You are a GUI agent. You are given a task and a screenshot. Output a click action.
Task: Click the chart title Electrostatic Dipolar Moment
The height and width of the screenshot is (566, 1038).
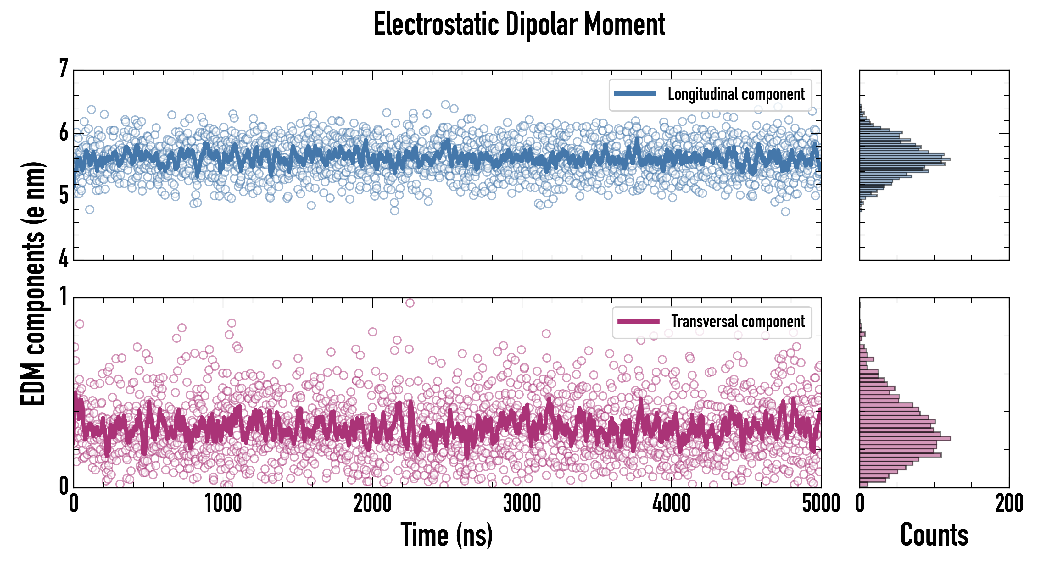tap(519, 24)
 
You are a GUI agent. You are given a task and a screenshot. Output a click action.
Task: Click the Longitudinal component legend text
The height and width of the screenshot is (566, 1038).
tap(736, 94)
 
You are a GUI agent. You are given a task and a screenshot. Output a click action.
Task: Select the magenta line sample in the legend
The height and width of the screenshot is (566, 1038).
tap(638, 321)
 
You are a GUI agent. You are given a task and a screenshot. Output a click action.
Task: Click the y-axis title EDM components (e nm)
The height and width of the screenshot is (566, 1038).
tap(33, 284)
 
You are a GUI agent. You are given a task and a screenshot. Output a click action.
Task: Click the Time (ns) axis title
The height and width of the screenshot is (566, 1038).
tap(446, 535)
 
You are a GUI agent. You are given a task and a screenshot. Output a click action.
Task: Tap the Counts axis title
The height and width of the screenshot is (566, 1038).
tap(934, 535)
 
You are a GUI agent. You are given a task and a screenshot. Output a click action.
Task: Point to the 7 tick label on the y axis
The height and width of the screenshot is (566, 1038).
tap(64, 69)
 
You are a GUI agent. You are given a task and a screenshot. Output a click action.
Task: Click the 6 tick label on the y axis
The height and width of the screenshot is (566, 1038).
tap(64, 132)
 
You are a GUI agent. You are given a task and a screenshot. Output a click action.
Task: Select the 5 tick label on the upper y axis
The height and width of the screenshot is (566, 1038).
tap(64, 196)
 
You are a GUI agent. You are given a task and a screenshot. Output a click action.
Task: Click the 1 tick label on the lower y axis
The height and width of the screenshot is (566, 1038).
tap(64, 297)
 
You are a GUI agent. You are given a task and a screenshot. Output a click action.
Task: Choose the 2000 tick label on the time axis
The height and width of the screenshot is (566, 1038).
tap(373, 503)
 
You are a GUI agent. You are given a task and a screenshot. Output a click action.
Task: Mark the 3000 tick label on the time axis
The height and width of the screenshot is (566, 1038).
tap(522, 503)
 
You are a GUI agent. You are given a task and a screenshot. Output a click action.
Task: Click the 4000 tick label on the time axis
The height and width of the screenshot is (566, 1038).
tap(672, 503)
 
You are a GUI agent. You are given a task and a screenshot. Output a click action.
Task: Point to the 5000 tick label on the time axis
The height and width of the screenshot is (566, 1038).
tap(821, 503)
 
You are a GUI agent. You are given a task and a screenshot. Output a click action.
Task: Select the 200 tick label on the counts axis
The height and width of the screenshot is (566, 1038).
tap(1009, 503)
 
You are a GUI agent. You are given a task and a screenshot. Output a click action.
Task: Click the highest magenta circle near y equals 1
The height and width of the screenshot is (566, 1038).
tap(410, 303)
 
